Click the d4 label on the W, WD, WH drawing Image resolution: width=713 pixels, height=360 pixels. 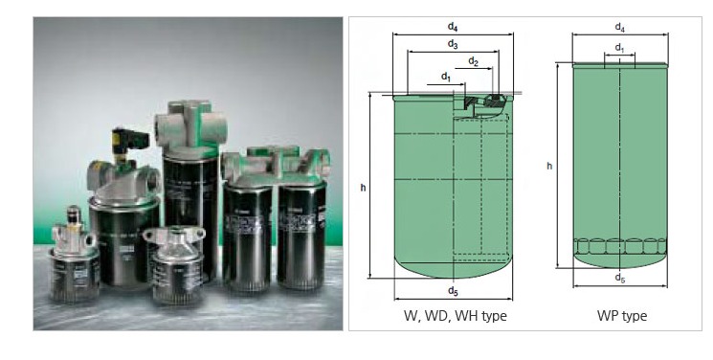453,27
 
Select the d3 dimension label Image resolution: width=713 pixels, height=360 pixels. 453,44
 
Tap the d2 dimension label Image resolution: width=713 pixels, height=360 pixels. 474,61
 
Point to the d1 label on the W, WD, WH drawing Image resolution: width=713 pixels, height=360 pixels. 446,77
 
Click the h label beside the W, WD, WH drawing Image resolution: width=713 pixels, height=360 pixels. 363,187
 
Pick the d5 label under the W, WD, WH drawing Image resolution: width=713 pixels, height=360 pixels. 453,291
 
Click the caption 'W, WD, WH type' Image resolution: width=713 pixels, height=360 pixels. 456,315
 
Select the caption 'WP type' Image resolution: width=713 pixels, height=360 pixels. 621,315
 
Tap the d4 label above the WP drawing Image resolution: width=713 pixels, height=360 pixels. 620,27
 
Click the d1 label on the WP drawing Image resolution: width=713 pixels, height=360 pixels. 620,47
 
